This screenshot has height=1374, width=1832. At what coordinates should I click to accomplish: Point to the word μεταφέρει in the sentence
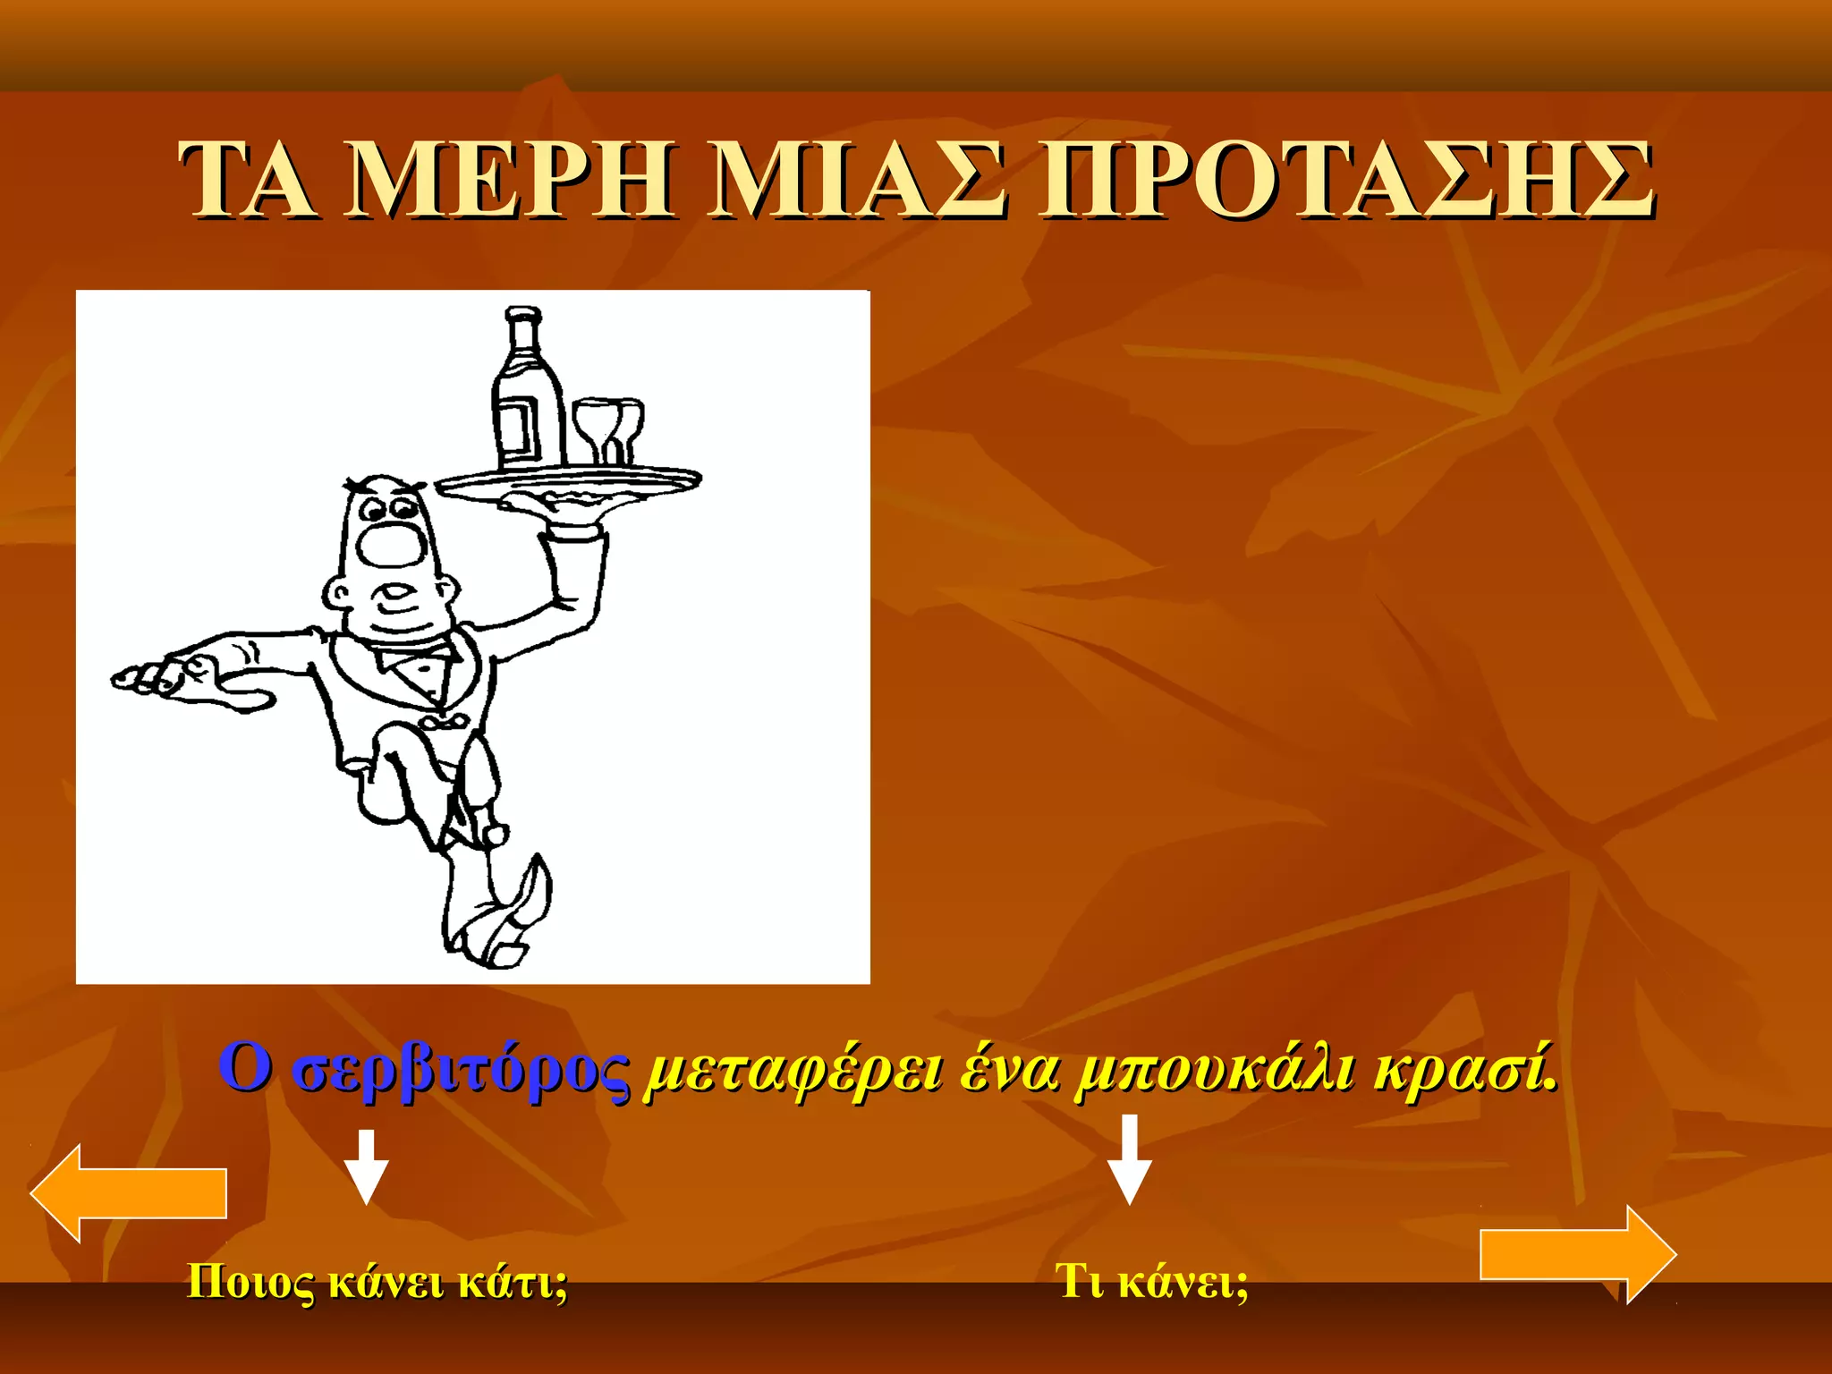coord(793,1071)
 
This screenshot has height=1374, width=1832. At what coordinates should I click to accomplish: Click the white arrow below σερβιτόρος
coord(366,1166)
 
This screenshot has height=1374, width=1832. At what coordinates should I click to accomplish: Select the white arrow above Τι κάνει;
coord(1130,1159)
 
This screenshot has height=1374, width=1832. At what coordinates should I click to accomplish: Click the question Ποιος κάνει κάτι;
coord(377,1281)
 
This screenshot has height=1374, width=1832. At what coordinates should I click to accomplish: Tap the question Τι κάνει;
coord(1151,1281)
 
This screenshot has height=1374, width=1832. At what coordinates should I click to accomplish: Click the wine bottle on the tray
coord(528,394)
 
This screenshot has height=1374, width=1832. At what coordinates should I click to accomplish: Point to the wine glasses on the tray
coord(608,429)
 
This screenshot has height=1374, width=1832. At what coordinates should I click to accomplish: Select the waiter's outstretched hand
coord(179,677)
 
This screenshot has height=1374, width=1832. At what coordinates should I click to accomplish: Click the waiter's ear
coord(338,591)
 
